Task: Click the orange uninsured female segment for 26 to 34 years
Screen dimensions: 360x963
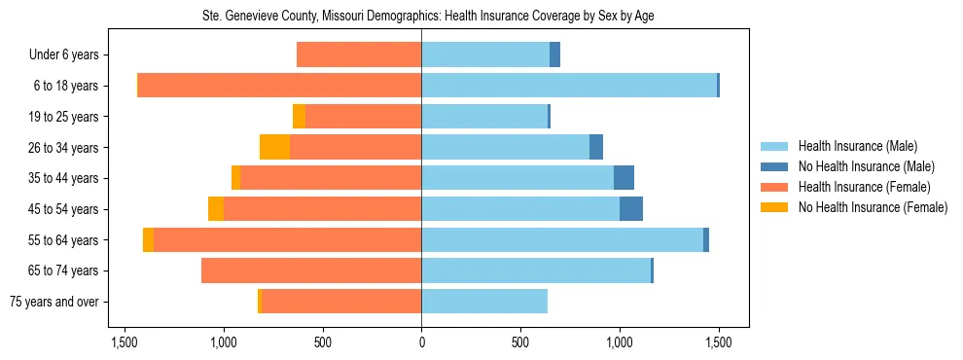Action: [274, 147]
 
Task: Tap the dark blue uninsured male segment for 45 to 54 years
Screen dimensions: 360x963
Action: [631, 209]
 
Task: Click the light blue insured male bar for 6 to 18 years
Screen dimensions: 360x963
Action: [569, 86]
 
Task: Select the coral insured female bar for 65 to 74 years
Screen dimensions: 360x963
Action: [311, 270]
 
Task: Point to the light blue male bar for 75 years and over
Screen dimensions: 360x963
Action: [484, 302]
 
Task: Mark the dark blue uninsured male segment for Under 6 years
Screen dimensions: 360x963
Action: [554, 54]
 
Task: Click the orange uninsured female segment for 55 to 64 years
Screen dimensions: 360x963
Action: [148, 240]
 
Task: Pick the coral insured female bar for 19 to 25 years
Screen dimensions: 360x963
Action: [363, 117]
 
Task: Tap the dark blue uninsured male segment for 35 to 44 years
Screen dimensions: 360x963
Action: [624, 178]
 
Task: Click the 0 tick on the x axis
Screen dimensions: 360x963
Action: [421, 342]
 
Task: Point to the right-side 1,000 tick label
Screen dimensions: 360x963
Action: [620, 342]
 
